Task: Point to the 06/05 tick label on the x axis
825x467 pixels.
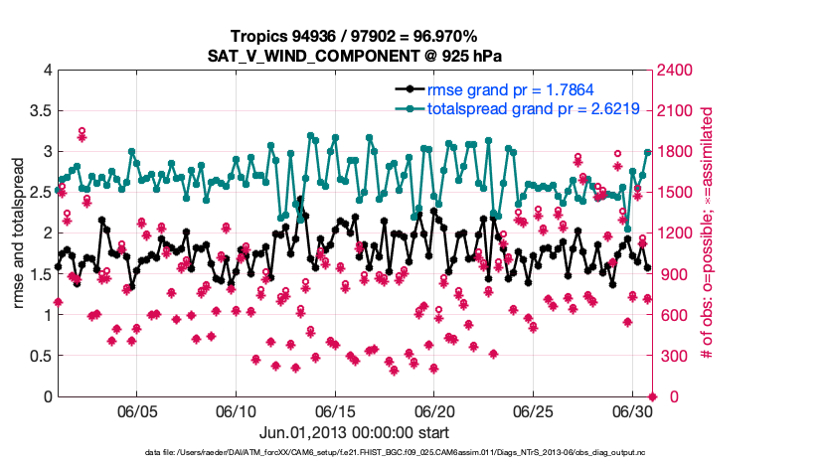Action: [x=137, y=411]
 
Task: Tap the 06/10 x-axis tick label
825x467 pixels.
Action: [x=237, y=411]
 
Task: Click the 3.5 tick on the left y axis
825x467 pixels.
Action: [x=38, y=111]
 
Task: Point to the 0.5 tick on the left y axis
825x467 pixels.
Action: [x=38, y=356]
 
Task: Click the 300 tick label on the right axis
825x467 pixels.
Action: [x=674, y=356]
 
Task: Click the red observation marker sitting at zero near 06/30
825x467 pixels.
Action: [x=652, y=396]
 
